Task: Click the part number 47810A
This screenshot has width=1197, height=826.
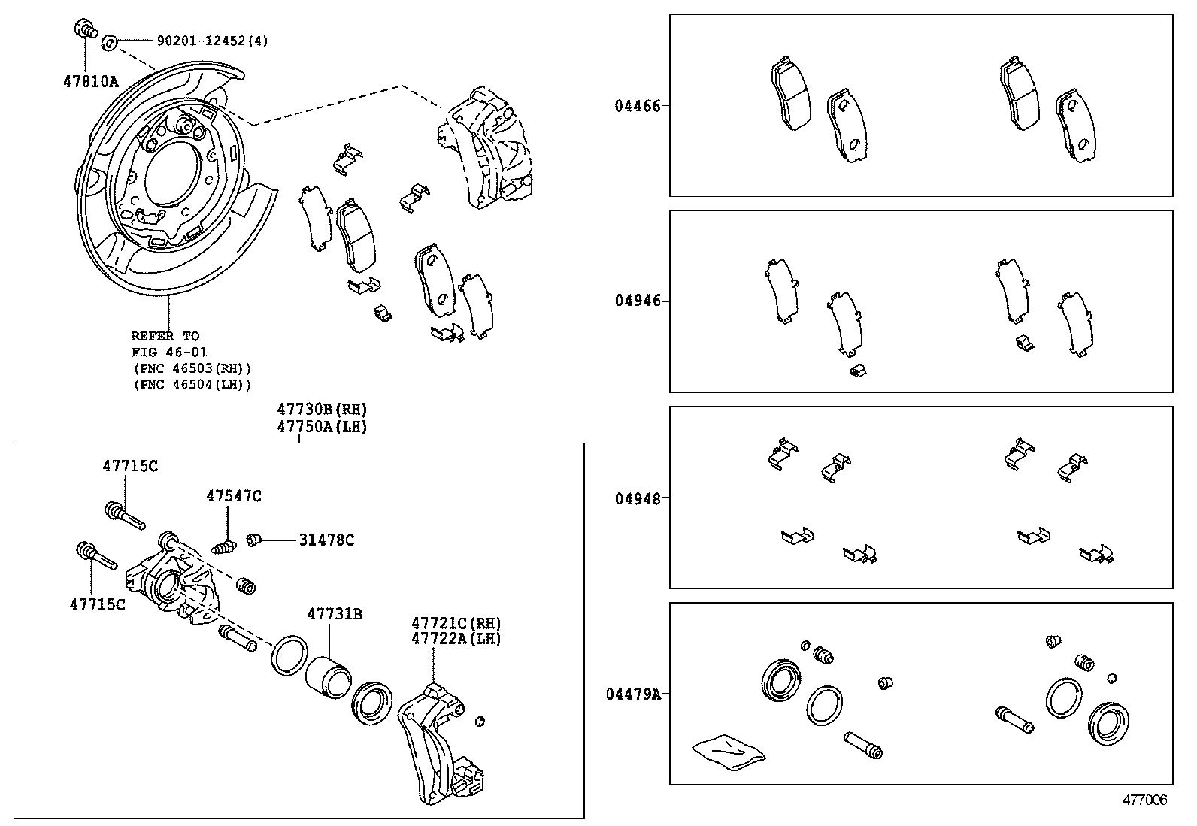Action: coord(91,82)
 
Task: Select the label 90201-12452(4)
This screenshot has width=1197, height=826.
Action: coord(213,41)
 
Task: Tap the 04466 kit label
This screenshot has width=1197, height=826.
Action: coord(638,106)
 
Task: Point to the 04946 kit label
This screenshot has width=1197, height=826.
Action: coord(638,301)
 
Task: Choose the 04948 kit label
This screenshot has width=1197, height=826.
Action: coord(638,498)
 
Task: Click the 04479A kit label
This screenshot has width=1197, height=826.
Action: coord(633,694)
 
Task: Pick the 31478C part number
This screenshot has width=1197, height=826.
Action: coord(326,540)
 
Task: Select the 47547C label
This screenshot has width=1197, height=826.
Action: coord(234,496)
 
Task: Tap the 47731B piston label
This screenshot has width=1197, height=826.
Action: coord(335,614)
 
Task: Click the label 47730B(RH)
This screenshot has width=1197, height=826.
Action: coord(323,410)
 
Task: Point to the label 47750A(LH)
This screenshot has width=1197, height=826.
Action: coord(323,427)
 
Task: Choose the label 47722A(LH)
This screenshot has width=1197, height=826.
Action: coord(456,639)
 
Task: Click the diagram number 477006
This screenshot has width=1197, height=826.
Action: coord(1144,800)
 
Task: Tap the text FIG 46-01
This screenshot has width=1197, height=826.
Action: coord(169,352)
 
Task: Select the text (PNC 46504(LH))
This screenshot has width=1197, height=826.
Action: coord(192,384)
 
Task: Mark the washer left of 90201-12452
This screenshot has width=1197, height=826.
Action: coord(110,41)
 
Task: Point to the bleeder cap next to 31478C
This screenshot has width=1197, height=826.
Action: coord(254,540)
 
